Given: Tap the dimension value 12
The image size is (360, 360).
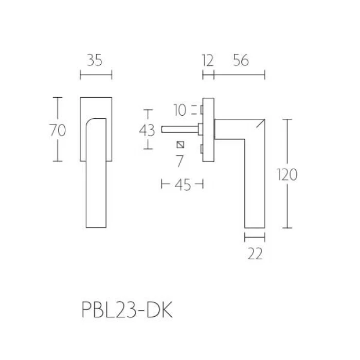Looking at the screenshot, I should point(207,61).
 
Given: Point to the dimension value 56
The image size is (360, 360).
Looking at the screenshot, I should point(240,61).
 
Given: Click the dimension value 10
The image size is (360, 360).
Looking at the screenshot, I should point(179,110).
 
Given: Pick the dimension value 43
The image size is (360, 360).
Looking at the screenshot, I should point(147,130).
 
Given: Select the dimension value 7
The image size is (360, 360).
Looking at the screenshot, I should point(179,160).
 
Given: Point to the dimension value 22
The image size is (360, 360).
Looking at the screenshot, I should point(255,254).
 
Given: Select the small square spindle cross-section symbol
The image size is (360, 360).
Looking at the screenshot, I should point(180,145).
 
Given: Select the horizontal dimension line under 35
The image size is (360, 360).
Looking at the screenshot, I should point(96,76).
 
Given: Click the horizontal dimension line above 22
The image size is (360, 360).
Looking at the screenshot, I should point(255,237).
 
